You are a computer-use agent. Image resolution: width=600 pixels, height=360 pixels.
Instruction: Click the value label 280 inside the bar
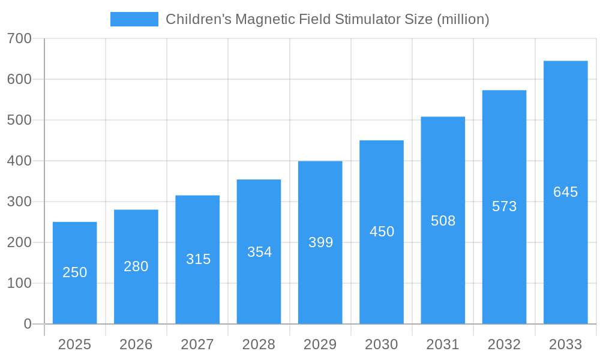(136, 266)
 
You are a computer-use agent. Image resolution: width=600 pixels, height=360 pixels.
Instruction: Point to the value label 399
(320, 242)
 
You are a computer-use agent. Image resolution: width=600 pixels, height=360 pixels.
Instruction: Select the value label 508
(443, 221)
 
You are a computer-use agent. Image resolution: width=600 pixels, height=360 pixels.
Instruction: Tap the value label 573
(504, 206)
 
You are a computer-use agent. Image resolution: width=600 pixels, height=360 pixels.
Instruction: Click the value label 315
(198, 259)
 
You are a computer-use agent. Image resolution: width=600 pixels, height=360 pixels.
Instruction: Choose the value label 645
(565, 192)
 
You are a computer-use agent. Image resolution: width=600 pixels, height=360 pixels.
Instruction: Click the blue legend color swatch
(134, 19)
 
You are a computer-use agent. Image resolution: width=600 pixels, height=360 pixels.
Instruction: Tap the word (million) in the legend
(463, 19)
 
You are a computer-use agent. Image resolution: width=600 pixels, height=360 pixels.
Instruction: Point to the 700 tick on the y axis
(19, 38)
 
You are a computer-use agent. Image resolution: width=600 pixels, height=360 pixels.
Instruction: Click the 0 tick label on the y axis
(28, 324)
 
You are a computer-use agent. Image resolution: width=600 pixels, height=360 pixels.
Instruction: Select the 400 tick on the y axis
(19, 161)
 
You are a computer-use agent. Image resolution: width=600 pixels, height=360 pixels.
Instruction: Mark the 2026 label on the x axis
(136, 344)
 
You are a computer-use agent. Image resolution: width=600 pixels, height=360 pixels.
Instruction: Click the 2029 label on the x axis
(320, 344)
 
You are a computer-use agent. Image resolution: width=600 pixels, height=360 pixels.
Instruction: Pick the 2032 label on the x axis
(504, 344)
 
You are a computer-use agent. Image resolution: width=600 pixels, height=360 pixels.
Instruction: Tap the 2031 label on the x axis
(443, 344)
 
